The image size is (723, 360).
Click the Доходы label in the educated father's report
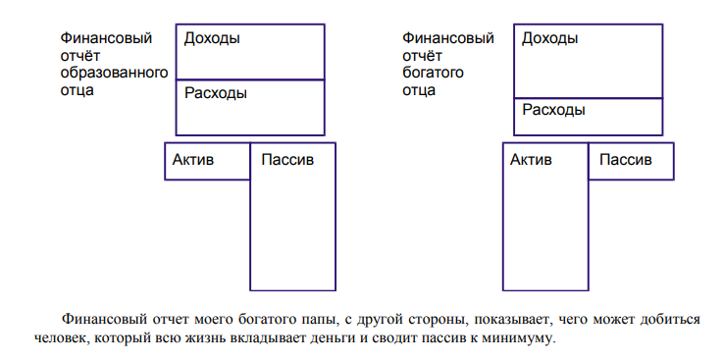212,38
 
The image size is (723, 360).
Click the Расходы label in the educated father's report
216,94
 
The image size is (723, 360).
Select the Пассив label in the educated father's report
287,159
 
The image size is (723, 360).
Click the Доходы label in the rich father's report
549,38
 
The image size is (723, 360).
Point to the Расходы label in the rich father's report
553,110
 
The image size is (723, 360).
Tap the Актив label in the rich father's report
531,159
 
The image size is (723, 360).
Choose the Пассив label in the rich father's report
626,159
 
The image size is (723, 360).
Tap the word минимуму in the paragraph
522,338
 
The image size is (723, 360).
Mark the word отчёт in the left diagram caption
79,56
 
